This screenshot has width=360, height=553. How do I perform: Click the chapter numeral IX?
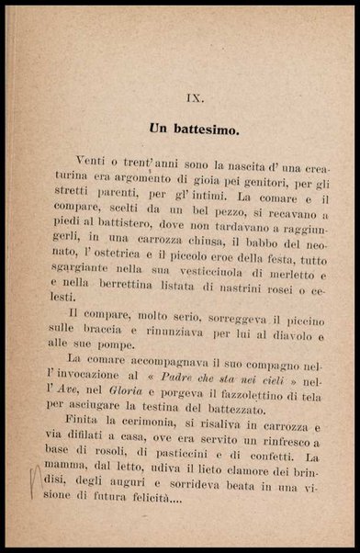[x=180, y=95]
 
